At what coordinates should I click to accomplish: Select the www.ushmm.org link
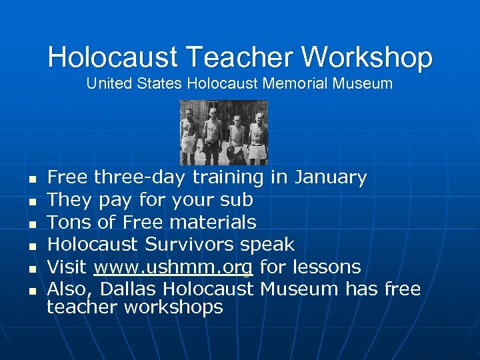(x=173, y=267)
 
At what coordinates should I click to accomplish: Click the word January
(x=331, y=177)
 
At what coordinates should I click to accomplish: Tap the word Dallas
(x=125, y=289)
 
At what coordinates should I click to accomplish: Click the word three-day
(x=140, y=177)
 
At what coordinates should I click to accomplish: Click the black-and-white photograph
(x=224, y=132)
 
